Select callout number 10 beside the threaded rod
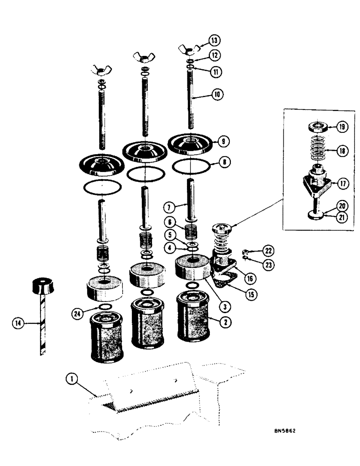click(x=217, y=94)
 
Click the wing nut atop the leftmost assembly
click(x=100, y=70)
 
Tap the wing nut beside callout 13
click(x=190, y=49)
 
